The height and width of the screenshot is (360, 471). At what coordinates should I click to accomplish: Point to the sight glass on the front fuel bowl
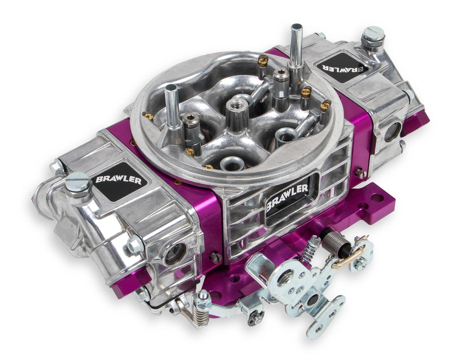[x=172, y=254]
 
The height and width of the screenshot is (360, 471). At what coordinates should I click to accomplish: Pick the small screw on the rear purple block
[x=360, y=173]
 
